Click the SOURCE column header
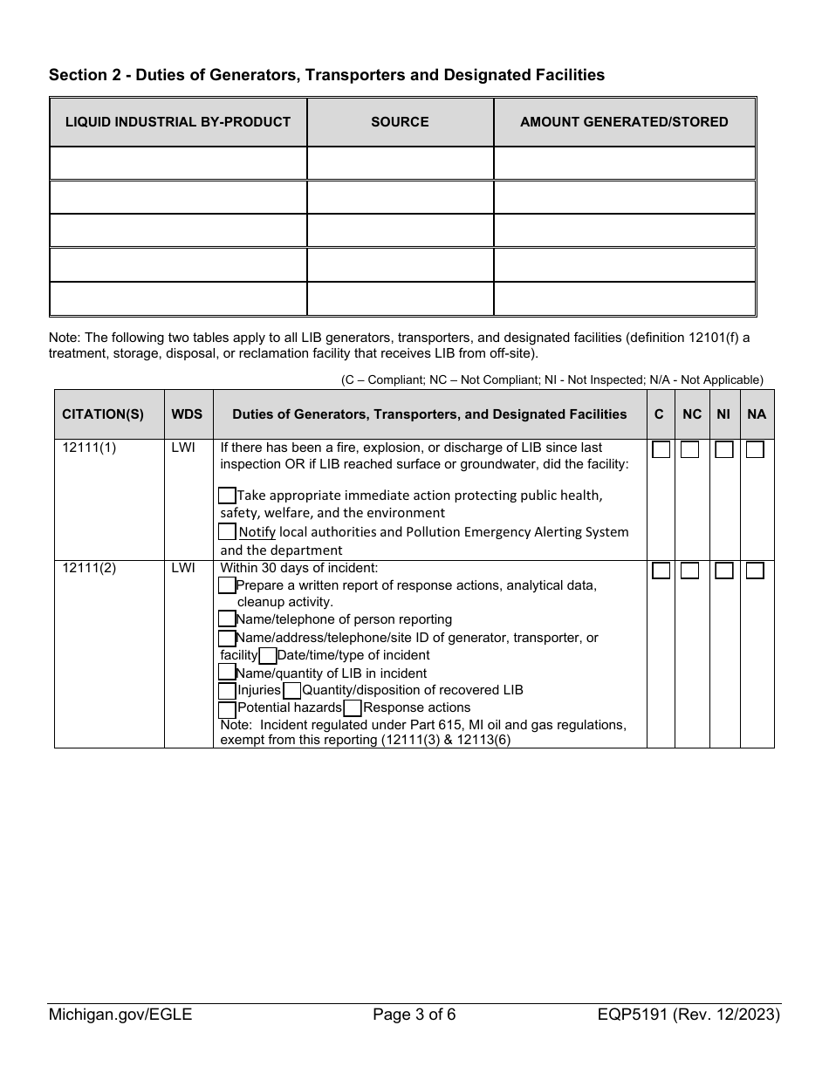[400, 122]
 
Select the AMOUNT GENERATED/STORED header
[624, 122]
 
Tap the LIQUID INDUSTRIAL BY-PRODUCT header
[178, 122]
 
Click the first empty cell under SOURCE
[400, 163]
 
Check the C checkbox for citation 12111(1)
[661, 449]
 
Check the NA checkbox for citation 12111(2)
[755, 571]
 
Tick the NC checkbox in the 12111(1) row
[689, 449]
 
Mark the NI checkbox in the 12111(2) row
[723, 571]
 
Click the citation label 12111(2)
[89, 568]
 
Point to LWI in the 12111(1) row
[183, 448]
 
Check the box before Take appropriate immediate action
[227, 495]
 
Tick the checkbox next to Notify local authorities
[227, 531]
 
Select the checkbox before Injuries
[227, 690]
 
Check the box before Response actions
[353, 707]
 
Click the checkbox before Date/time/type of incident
[268, 655]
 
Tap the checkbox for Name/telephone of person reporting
[227, 619]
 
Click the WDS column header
[187, 414]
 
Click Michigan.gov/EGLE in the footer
[120, 1015]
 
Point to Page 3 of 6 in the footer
[414, 1015]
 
